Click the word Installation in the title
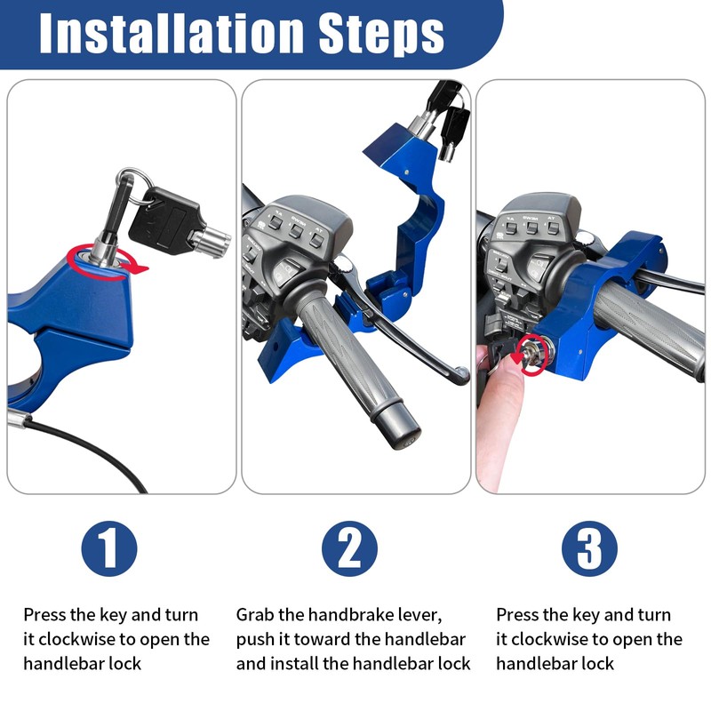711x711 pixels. pos(172,34)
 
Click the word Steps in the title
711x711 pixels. pos(381,35)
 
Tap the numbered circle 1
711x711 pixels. pos(109,548)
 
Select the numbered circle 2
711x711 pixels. pos(349,548)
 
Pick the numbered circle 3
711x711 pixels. pos(589,548)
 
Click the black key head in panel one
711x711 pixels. pos(164,220)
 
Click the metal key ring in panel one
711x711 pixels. pos(137,187)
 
